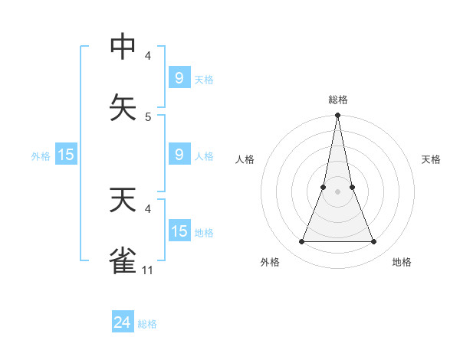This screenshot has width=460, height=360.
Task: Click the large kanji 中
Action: (x=123, y=47)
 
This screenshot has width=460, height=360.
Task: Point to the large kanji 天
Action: (x=123, y=199)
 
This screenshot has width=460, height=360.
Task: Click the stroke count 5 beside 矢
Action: (x=148, y=116)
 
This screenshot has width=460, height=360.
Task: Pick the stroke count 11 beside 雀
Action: (x=148, y=270)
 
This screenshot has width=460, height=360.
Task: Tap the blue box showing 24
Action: (x=123, y=322)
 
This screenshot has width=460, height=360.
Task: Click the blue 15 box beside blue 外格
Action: (x=66, y=155)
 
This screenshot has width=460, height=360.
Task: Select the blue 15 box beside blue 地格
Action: (x=179, y=231)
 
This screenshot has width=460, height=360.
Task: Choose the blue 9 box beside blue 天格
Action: (x=179, y=77)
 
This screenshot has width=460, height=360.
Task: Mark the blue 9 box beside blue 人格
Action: (x=179, y=155)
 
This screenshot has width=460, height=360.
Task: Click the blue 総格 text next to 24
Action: (x=147, y=324)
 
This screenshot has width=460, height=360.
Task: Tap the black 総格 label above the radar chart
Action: (x=337, y=100)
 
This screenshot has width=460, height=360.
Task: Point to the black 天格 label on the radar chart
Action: (x=431, y=159)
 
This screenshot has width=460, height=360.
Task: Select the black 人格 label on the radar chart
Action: (x=245, y=159)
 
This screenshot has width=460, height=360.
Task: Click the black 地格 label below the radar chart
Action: (x=402, y=262)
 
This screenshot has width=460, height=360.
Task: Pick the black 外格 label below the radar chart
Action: (x=270, y=262)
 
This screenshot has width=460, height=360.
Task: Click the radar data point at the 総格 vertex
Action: (x=337, y=116)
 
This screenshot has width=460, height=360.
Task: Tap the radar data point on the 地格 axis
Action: (x=374, y=242)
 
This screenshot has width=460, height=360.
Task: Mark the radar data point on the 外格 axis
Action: (x=301, y=242)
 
